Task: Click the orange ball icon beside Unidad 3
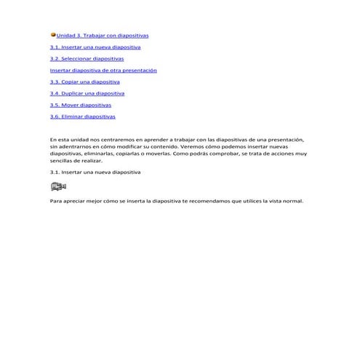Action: point(53,34)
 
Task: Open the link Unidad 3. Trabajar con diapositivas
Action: point(103,35)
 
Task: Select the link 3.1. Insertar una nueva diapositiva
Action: point(95,47)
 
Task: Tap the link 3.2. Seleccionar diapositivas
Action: point(87,58)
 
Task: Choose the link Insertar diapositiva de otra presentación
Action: point(103,70)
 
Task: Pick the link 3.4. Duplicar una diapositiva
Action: point(87,93)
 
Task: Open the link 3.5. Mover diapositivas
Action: point(80,105)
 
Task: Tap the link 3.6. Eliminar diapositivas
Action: point(82,116)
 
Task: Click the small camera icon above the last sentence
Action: point(58,187)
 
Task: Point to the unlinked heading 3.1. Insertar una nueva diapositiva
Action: point(95,172)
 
